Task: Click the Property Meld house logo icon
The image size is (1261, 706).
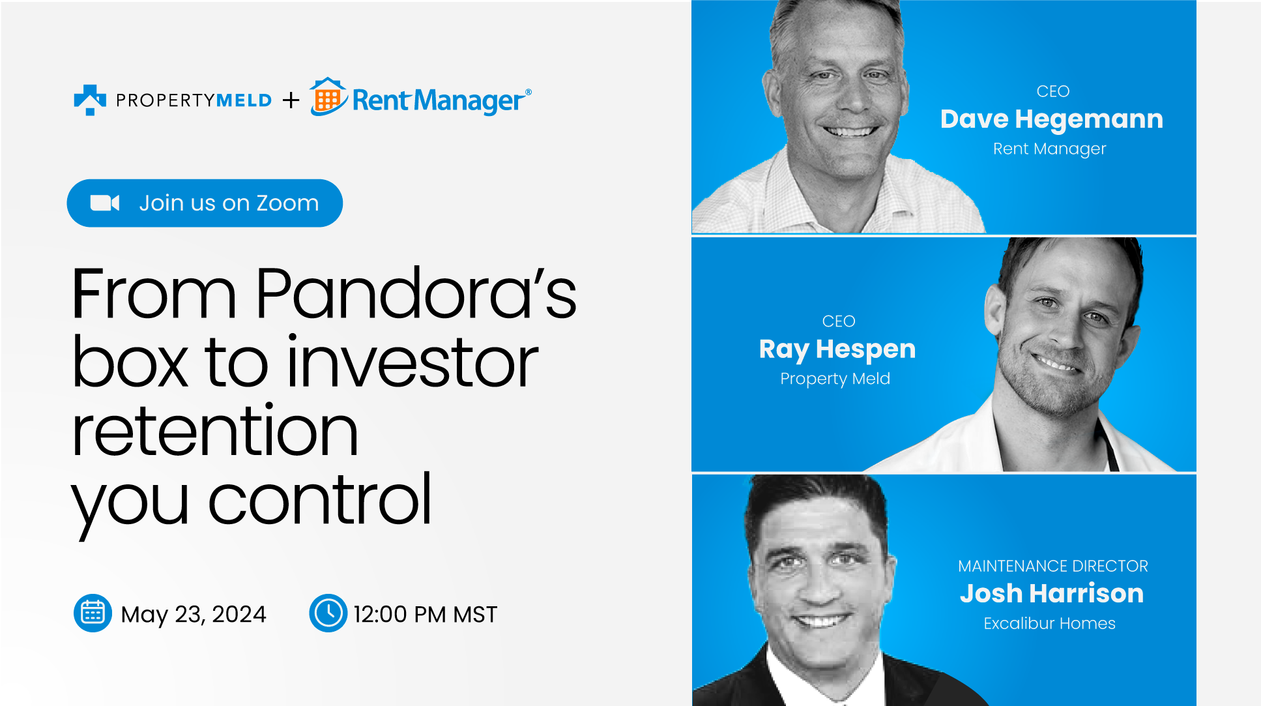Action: pos(90,100)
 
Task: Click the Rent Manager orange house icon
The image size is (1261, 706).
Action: pos(328,98)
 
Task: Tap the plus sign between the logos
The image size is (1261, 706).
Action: pos(291,100)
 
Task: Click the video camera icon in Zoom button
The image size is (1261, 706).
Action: pos(104,203)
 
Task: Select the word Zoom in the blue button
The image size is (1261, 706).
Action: pos(287,203)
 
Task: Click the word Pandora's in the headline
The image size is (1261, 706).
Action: pos(415,294)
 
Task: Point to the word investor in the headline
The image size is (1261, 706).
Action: pos(412,363)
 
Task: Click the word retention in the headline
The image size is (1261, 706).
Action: pos(214,432)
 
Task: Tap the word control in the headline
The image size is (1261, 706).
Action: pos(319,500)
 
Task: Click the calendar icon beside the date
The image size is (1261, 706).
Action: pos(93,613)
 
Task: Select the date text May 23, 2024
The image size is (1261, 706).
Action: pos(194,614)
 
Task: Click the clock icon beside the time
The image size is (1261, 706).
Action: pos(328,613)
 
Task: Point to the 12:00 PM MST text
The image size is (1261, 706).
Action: pos(425,614)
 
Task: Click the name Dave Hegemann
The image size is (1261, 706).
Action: pos(1051,119)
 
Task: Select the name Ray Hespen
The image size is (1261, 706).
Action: pos(837,349)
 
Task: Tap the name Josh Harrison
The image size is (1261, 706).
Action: pos(1051,593)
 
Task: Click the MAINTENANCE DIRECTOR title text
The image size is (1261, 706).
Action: pos(1052,566)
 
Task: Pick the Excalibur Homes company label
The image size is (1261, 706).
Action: pos(1049,623)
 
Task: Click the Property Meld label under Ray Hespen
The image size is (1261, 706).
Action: pos(835,379)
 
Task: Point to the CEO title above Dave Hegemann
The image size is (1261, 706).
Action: pos(1053,91)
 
